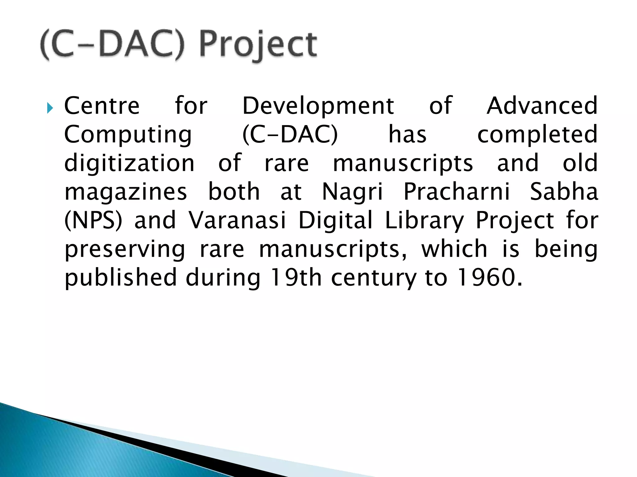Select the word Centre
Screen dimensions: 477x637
pos(102,106)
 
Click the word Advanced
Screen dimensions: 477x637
pos(542,106)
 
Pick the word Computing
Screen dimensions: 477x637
pos(128,135)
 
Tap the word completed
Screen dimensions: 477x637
pos(537,135)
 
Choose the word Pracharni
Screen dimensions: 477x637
pos(457,192)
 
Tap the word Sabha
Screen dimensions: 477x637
pos(564,192)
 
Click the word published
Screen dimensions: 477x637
pos(120,278)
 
